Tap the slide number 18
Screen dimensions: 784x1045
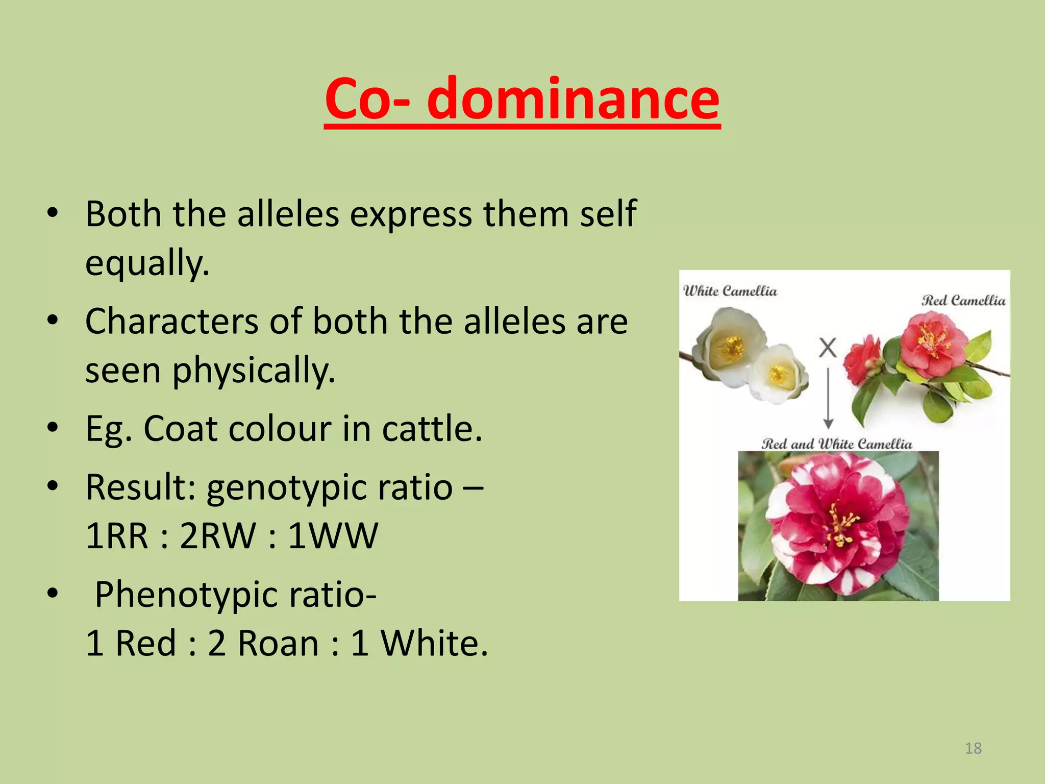coord(973,748)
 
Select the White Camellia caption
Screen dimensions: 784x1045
coord(730,291)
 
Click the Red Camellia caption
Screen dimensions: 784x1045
coord(963,300)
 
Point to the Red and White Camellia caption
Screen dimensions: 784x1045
coord(837,444)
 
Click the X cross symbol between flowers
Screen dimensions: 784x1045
coord(828,348)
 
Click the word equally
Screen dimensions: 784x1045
coord(147,263)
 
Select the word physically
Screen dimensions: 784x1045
coord(254,371)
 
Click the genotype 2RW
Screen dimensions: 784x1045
coord(218,536)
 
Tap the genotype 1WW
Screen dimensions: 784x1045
coord(333,536)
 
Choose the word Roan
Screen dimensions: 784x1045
coord(279,643)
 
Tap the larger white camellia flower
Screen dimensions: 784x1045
coord(731,347)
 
